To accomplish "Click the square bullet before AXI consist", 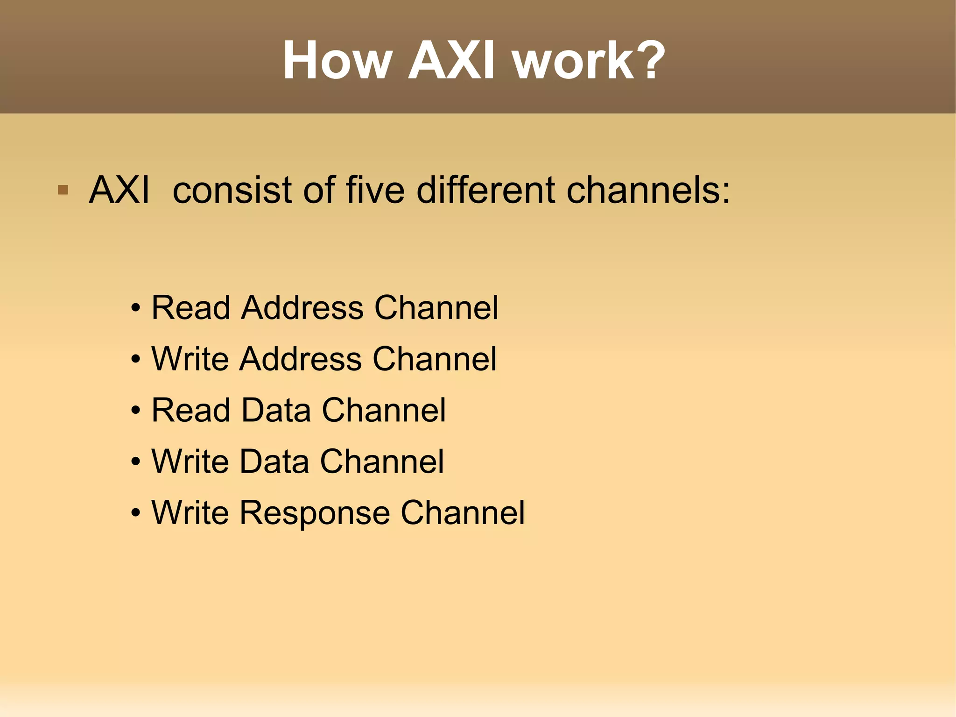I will point(63,190).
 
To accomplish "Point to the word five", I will point(375,190).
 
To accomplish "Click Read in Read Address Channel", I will point(191,308).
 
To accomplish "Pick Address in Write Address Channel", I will point(301,359).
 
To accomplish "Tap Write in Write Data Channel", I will point(190,461).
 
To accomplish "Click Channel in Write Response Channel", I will point(463,513).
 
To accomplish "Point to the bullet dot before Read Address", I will point(135,309).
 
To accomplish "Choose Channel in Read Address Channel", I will point(436,308).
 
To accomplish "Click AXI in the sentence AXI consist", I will point(119,190).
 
